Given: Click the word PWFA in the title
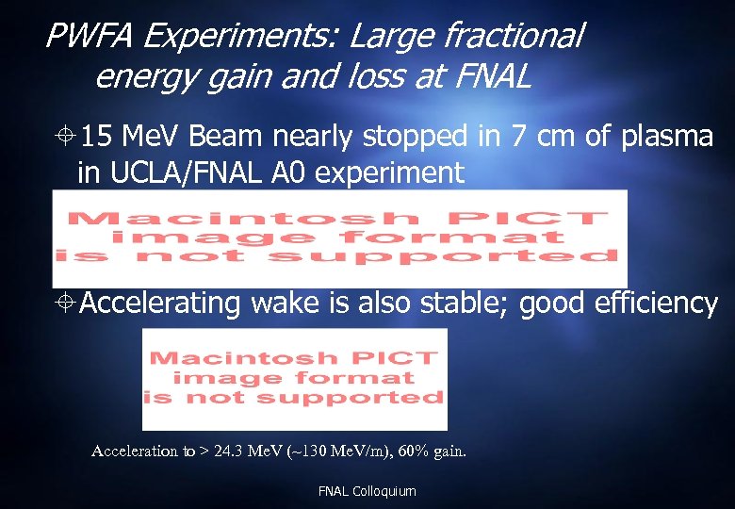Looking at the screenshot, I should coord(90,37).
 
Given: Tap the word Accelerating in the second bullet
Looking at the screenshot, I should coord(161,303).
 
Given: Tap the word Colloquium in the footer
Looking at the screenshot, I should coord(384,491).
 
